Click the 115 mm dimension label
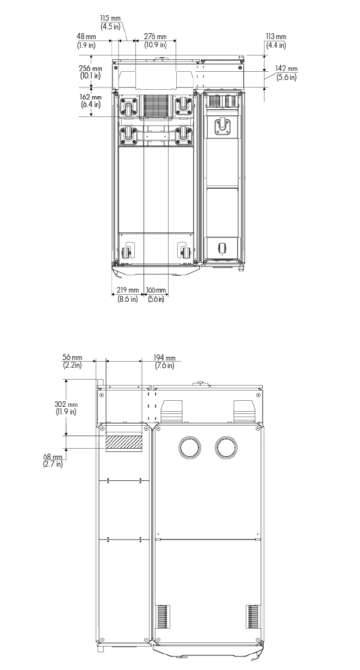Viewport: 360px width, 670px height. (110, 23)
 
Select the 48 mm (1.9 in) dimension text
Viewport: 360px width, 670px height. (86, 41)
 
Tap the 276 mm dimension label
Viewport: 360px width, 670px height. (155, 41)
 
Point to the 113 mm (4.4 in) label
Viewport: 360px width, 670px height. (276, 41)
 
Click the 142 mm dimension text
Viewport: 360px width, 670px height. (287, 73)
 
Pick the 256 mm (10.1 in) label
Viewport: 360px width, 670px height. (90, 72)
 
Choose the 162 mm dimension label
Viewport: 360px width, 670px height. (90, 101)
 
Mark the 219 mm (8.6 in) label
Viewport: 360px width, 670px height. (128, 294)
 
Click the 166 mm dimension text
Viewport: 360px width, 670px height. (156, 294)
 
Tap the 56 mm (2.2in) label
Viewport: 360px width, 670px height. (72, 361)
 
